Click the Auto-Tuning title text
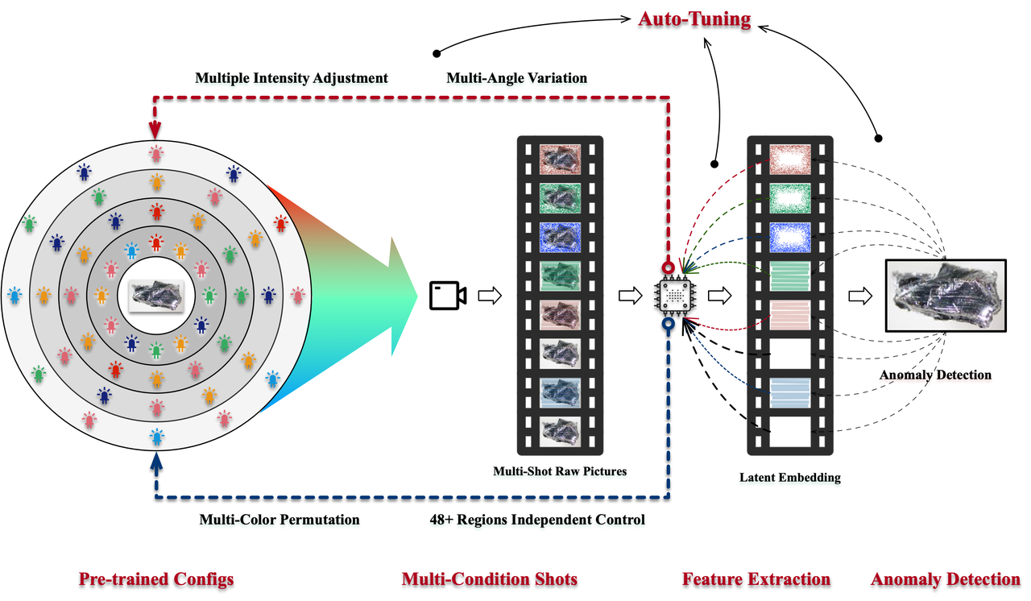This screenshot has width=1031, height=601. [694, 19]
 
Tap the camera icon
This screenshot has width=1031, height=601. [447, 296]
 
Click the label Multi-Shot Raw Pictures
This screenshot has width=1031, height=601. [560, 470]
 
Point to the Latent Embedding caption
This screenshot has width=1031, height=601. [789, 477]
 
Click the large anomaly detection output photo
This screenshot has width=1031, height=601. [945, 296]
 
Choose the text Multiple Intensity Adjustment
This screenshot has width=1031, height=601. [292, 78]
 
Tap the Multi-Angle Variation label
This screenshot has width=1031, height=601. [516, 78]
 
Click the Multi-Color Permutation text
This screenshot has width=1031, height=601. [279, 520]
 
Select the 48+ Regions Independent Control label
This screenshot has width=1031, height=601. [537, 520]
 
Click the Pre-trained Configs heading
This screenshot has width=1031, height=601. [156, 578]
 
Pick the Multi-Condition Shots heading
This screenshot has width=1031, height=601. [489, 578]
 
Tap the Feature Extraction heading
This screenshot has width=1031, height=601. [756, 578]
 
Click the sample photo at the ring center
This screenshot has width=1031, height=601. [157, 296]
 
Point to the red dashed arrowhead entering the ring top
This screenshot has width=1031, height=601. [155, 129]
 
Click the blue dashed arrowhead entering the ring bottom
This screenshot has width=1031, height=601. [156, 462]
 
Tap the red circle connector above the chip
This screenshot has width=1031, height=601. [668, 267]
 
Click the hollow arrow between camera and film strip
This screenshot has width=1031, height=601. [489, 296]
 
